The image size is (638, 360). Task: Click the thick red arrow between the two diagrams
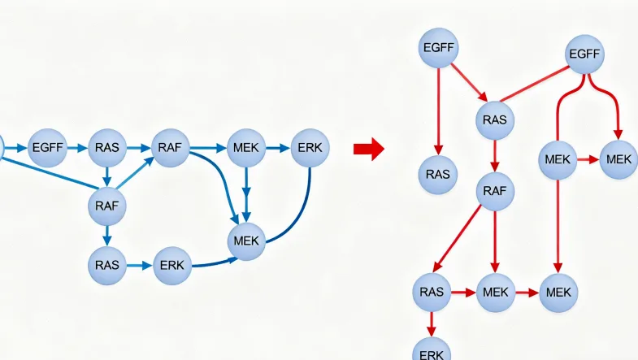368,149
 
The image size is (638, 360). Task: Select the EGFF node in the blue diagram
47,148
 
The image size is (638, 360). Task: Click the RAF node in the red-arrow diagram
494,191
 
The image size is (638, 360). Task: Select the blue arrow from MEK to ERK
278,148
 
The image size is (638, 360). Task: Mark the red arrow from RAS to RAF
494,155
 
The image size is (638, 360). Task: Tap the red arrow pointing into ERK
432,321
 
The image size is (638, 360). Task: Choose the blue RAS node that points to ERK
106,265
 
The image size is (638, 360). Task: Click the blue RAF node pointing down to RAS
106,206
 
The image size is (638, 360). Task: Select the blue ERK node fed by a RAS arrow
171,265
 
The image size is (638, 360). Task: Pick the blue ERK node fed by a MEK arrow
310,148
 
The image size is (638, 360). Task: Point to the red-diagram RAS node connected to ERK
432,291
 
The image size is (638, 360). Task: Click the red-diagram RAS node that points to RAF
494,119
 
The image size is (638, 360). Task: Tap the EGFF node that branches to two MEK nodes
584,54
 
